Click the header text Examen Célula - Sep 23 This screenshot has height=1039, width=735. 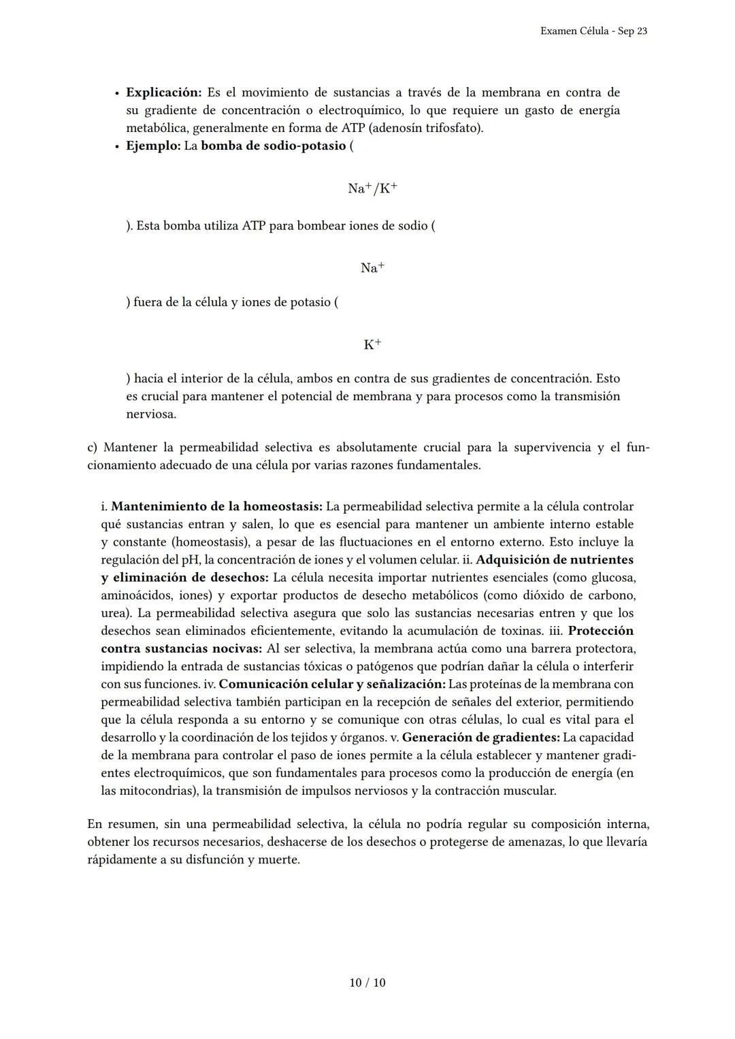tap(593, 31)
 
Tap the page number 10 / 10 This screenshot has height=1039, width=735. tap(367, 983)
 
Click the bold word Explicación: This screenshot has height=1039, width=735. tap(164, 93)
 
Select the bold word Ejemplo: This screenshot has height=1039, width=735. tap(153, 146)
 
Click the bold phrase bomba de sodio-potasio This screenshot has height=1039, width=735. tap(273, 146)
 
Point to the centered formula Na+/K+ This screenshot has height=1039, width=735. tap(372, 188)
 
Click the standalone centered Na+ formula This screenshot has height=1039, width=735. tap(372, 268)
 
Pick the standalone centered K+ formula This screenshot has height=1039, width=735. tap(372, 344)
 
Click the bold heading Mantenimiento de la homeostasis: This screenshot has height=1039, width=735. tap(216, 507)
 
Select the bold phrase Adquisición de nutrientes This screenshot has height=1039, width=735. tap(555, 560)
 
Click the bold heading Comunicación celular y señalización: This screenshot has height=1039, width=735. tap(332, 684)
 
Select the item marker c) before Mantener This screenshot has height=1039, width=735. tap(93, 448)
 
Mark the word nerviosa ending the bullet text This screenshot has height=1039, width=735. tap(150, 414)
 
